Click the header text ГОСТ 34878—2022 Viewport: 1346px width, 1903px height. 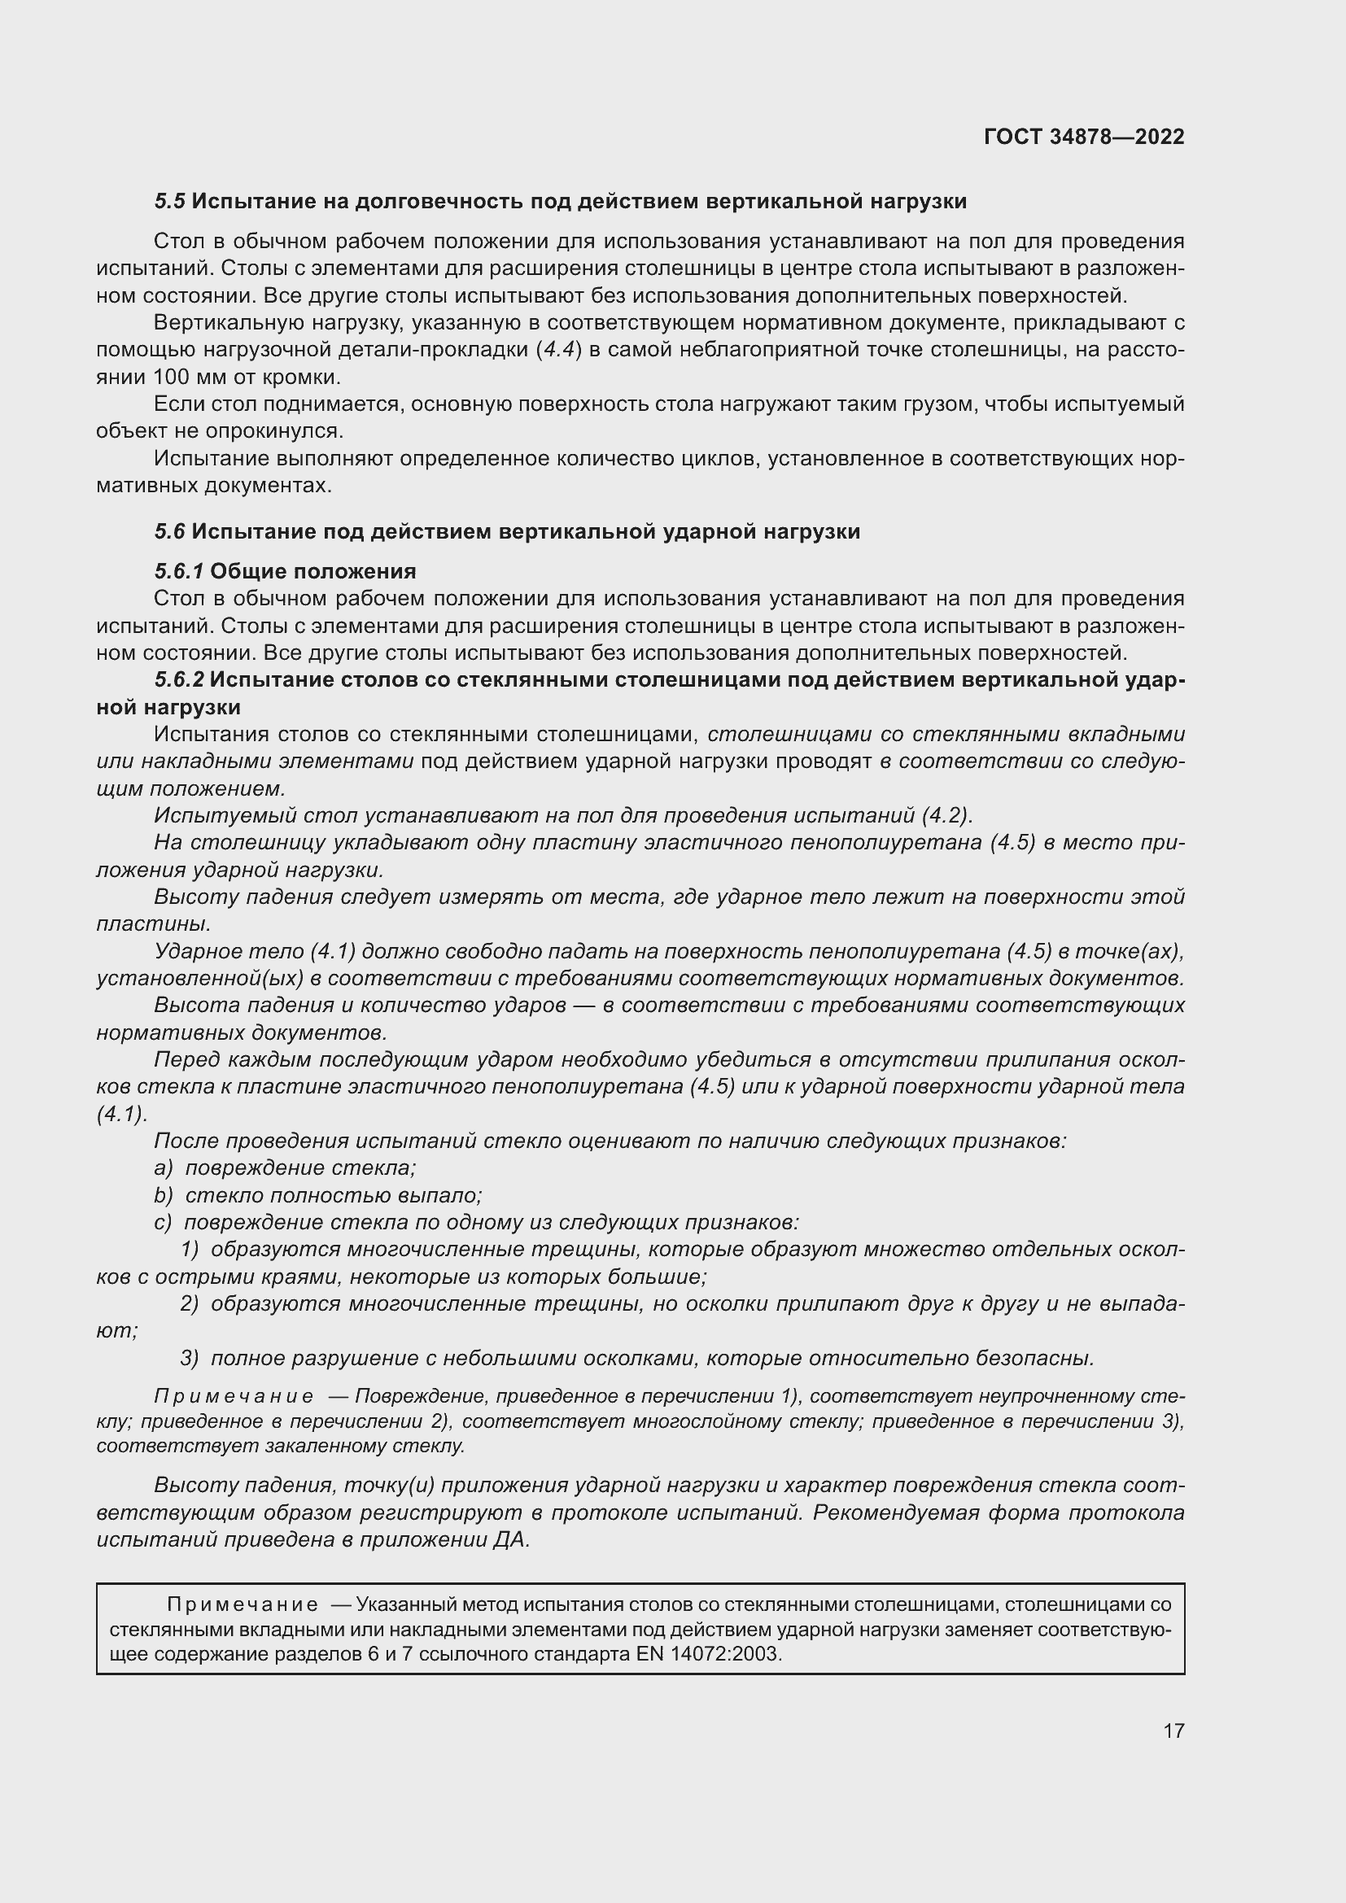click(1083, 137)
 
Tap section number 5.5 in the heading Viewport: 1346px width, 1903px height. click(169, 202)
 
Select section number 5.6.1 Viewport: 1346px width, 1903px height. click(178, 571)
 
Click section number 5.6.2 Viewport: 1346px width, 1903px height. click(178, 679)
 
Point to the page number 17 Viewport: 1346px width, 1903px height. click(1173, 1731)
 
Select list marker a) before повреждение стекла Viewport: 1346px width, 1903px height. click(164, 1168)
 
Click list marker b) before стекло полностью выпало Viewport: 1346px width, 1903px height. click(164, 1195)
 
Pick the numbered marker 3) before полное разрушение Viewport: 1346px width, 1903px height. click(190, 1358)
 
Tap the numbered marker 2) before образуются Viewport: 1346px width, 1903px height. click(190, 1303)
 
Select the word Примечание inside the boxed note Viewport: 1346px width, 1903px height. click(242, 1604)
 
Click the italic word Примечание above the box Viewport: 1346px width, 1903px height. click(234, 1397)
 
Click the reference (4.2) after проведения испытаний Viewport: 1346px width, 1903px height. click(945, 815)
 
